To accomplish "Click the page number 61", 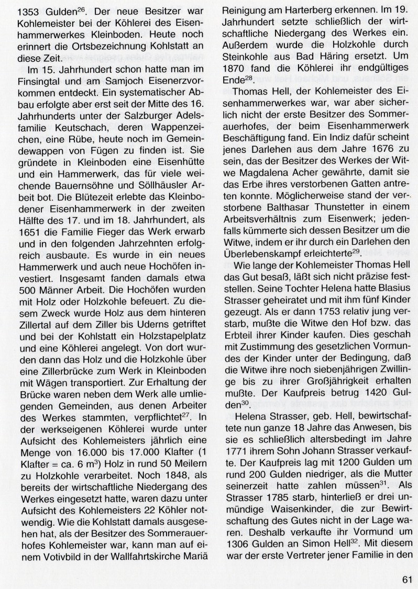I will coord(408,578).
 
